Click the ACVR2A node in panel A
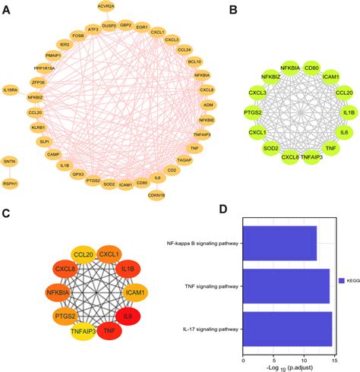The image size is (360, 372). (106, 7)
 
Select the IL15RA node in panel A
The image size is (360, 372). (10, 90)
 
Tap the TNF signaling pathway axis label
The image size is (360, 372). (204, 288)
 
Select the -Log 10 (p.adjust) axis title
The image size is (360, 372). (286, 365)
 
